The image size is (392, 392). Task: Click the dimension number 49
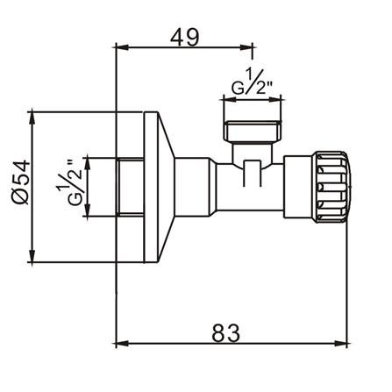184,37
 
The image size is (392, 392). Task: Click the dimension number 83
225,333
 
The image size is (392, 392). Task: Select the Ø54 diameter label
21,182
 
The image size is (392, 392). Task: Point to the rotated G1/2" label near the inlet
69,187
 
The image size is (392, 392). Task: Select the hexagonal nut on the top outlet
252,131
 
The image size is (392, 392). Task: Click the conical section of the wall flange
167,187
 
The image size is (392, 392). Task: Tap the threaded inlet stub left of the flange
130,187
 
